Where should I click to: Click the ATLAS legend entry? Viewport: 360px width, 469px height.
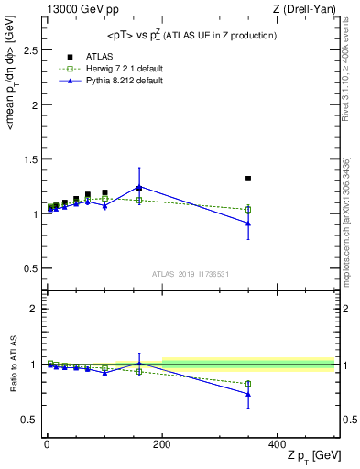click(x=99, y=55)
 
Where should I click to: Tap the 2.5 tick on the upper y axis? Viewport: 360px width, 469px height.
click(x=32, y=50)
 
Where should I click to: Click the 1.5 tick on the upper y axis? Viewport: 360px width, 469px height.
click(x=32, y=159)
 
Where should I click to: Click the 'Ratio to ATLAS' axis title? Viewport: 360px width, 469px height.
click(x=11, y=364)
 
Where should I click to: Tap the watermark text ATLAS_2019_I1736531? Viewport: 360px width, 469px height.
click(x=190, y=273)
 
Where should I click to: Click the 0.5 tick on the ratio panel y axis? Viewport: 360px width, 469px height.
click(x=32, y=420)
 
